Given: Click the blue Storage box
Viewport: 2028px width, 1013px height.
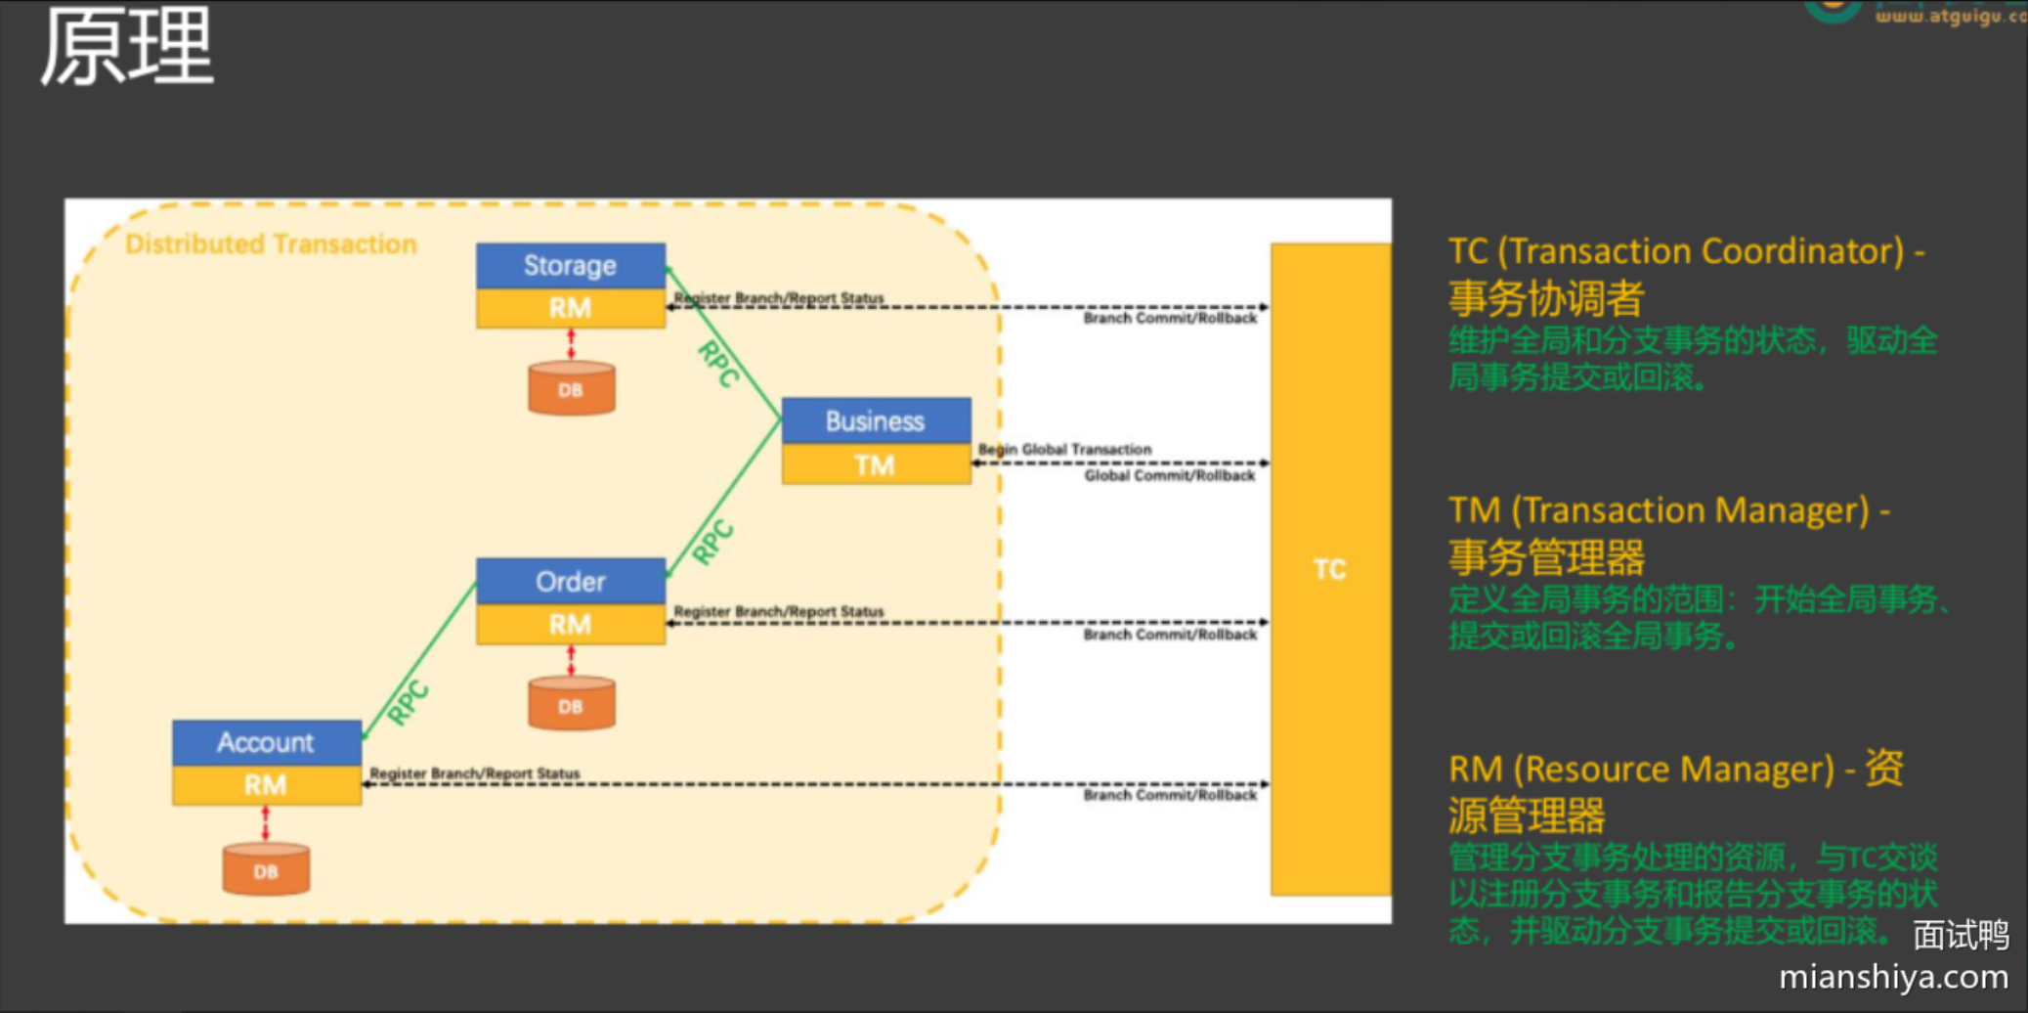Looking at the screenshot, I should (x=571, y=265).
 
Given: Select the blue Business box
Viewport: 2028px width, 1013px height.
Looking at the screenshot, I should (x=876, y=420).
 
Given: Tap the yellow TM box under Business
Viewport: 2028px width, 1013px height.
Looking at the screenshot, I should (x=876, y=464).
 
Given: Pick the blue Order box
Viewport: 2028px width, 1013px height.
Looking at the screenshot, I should (x=571, y=581).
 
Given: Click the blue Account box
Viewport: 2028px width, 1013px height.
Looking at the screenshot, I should (x=267, y=742).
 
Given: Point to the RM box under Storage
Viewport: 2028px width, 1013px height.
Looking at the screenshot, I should (x=571, y=308).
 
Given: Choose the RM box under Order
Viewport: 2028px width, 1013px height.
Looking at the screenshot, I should (x=571, y=624).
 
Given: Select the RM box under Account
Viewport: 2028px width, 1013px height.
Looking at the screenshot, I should (x=267, y=784).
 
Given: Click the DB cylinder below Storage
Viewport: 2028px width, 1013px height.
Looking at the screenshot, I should (x=572, y=389).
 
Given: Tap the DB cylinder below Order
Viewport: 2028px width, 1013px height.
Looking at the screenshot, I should (x=572, y=705).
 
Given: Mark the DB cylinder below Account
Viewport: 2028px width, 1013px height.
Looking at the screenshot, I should (x=267, y=870).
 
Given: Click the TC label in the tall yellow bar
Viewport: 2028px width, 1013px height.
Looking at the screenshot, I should (x=1329, y=569).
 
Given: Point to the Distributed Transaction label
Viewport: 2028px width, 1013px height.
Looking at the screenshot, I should (x=271, y=243).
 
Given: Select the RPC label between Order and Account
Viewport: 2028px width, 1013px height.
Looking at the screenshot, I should (x=409, y=701).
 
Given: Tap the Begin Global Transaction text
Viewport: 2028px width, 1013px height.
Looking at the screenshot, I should (x=1065, y=449).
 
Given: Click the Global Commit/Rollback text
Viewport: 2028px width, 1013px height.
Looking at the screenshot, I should (x=1170, y=476).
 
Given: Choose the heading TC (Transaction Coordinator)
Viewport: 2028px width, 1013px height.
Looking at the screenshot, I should (x=1686, y=251).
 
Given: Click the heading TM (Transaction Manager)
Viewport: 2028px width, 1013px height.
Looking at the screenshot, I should (x=1668, y=510).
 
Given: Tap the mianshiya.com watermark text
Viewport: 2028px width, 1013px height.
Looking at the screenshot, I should (x=1893, y=977).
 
